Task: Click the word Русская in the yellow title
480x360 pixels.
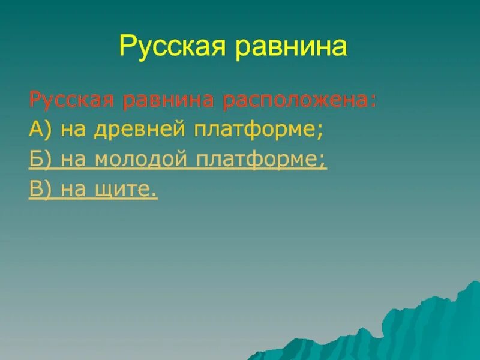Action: (x=169, y=46)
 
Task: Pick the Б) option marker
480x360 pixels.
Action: (x=37, y=160)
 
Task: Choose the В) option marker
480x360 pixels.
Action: (x=37, y=190)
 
